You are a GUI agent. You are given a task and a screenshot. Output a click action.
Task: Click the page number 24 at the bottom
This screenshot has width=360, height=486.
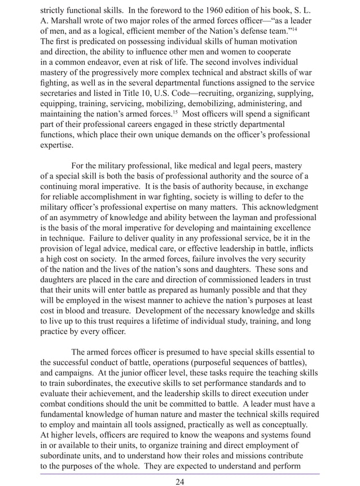coord(179,481)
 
